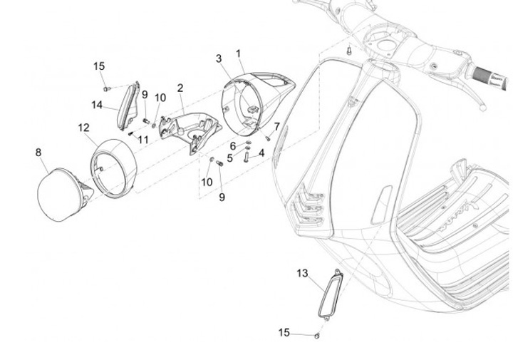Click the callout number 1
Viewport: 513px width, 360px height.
(x=239, y=53)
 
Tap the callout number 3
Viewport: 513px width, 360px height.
(x=219, y=58)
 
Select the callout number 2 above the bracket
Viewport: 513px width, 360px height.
(x=180, y=88)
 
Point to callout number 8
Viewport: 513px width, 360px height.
(x=38, y=153)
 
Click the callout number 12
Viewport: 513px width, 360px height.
(x=83, y=128)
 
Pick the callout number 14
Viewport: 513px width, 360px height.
(x=97, y=105)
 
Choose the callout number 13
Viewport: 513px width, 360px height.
(x=302, y=273)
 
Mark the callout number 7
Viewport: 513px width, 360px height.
(x=277, y=126)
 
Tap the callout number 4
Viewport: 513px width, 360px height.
(x=261, y=153)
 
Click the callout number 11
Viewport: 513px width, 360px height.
(x=144, y=140)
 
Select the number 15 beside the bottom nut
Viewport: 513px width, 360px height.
(x=284, y=333)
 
